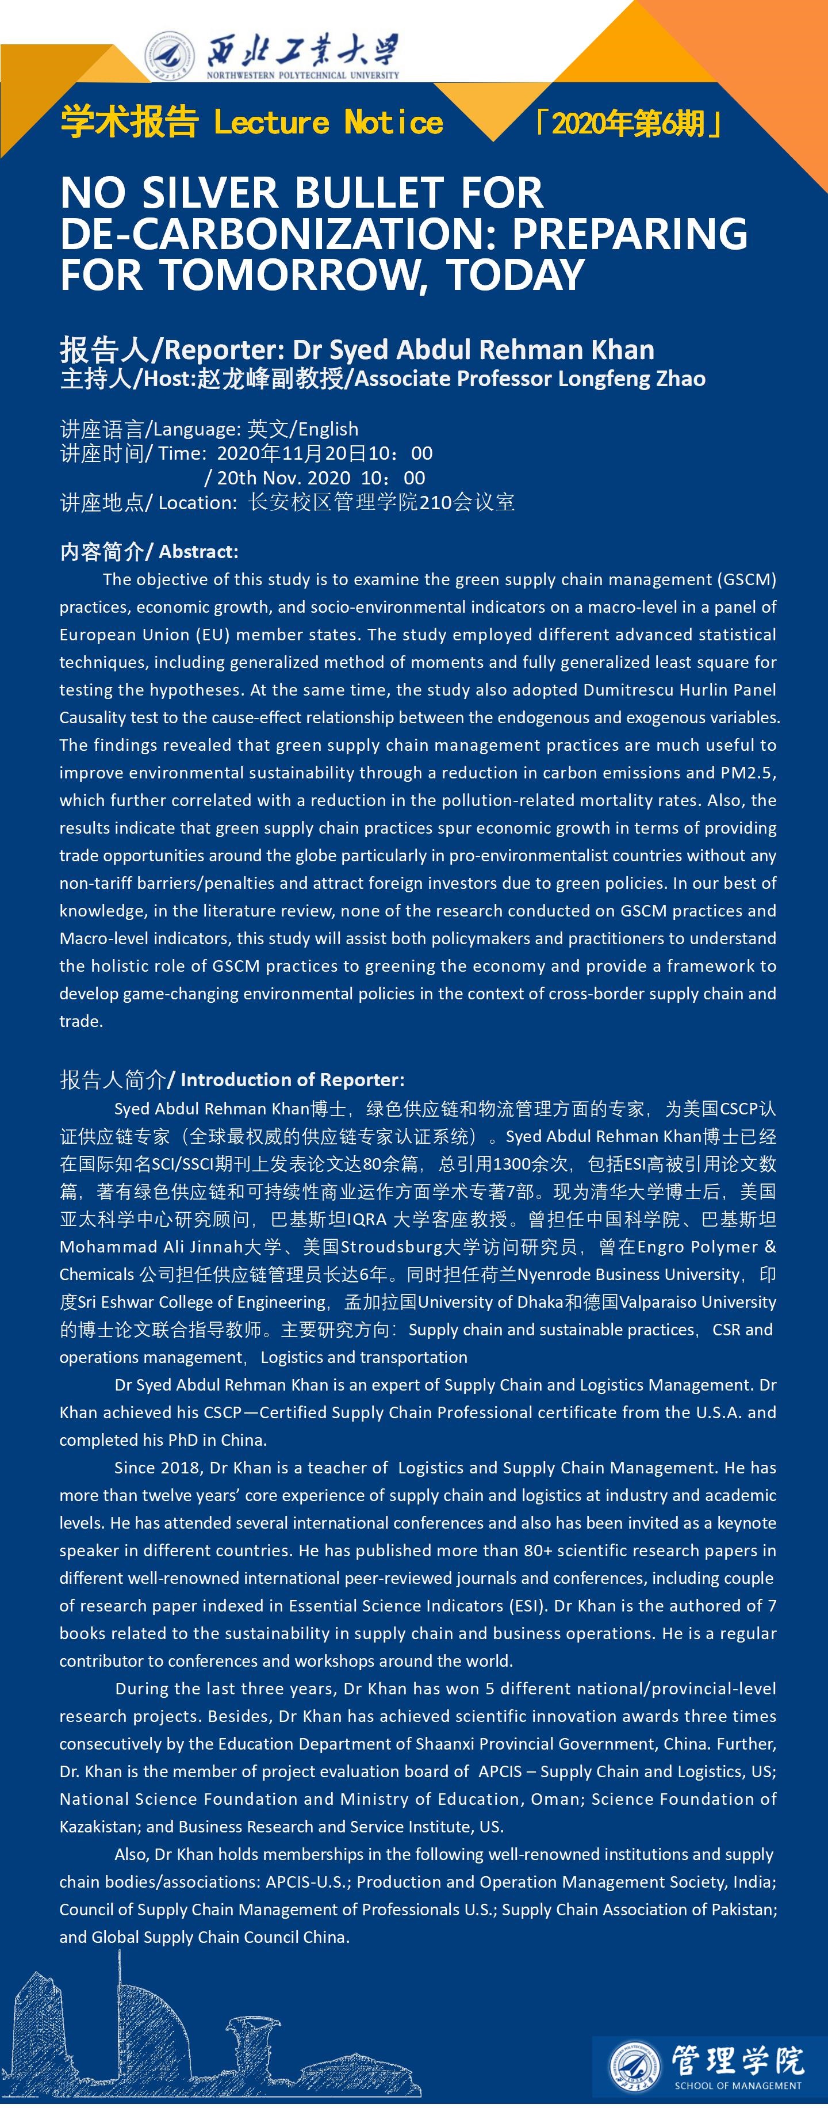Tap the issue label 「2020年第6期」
[x=627, y=124]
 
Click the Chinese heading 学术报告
[x=129, y=123]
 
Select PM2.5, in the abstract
[x=749, y=773]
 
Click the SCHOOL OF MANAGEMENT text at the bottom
[x=738, y=2085]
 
